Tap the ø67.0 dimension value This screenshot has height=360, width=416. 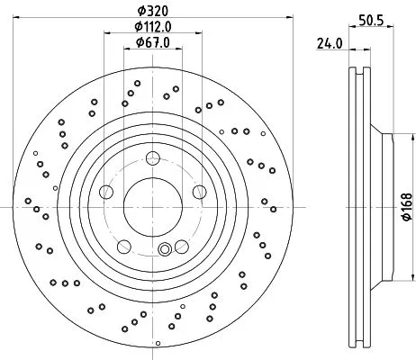click(x=150, y=42)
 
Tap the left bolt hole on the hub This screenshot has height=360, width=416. click(x=106, y=191)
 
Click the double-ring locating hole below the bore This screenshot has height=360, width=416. click(x=163, y=250)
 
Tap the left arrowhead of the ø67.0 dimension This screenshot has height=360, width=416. click(x=124, y=50)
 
